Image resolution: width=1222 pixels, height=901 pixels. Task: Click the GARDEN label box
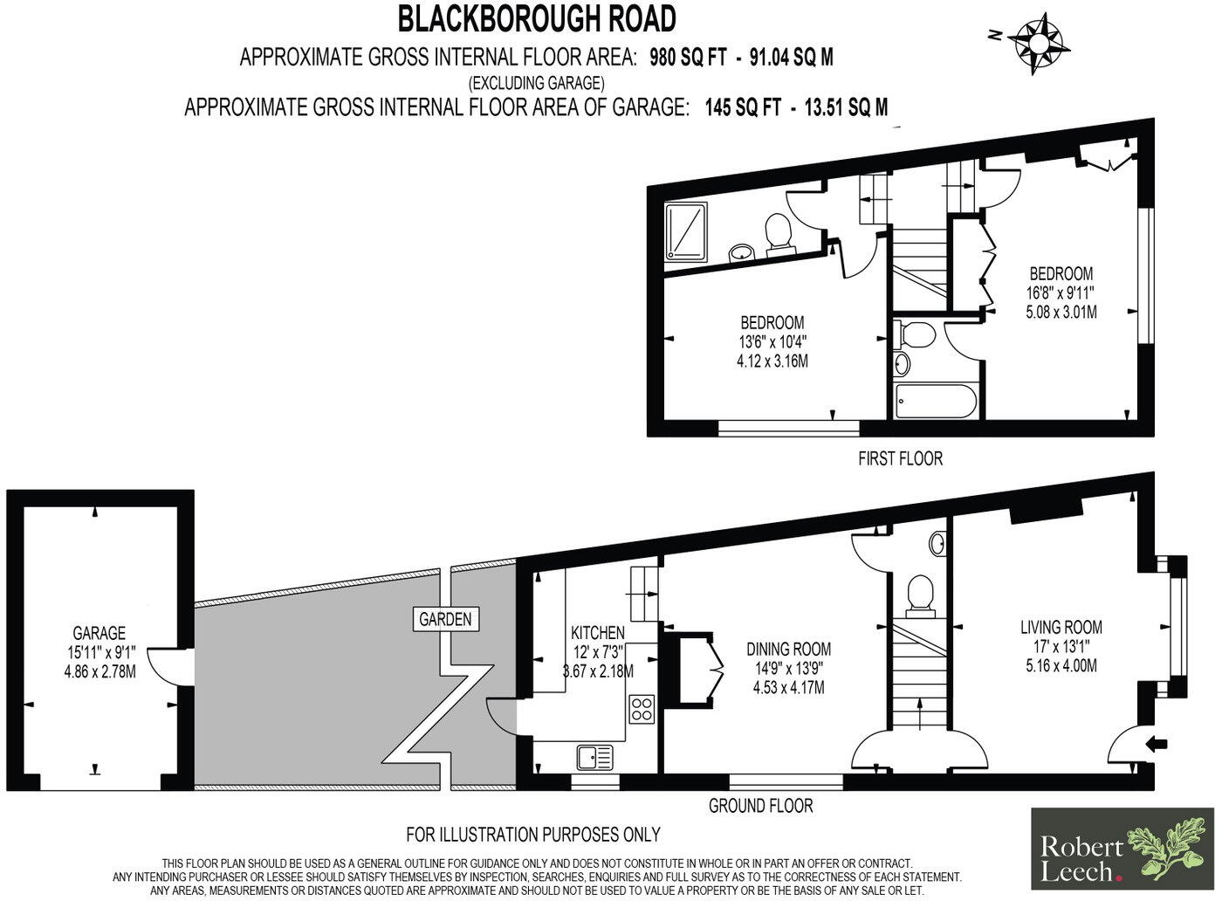click(x=446, y=619)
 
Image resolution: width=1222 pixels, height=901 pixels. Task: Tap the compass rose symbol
click(x=1033, y=45)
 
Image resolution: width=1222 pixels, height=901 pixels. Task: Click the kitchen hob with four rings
click(x=641, y=709)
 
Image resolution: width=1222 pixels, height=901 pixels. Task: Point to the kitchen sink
click(x=595, y=758)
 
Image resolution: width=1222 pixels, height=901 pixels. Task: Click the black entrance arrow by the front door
click(x=1157, y=743)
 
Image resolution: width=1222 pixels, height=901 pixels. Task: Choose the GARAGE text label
click(x=100, y=632)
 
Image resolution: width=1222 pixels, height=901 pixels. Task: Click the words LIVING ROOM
click(x=1061, y=627)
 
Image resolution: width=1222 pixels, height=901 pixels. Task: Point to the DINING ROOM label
click(x=788, y=649)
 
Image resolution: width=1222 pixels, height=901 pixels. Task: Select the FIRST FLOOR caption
click(x=900, y=457)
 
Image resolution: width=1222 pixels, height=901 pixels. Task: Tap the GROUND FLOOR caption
click(x=760, y=806)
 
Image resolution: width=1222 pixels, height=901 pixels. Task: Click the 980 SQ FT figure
click(x=688, y=57)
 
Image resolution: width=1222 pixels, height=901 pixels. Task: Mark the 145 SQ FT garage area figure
click(x=743, y=107)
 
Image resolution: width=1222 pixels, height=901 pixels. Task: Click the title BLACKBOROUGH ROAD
click(x=537, y=18)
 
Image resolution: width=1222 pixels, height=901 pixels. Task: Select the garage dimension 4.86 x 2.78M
click(x=100, y=671)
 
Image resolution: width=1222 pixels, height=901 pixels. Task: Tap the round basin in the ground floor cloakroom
click(x=937, y=544)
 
